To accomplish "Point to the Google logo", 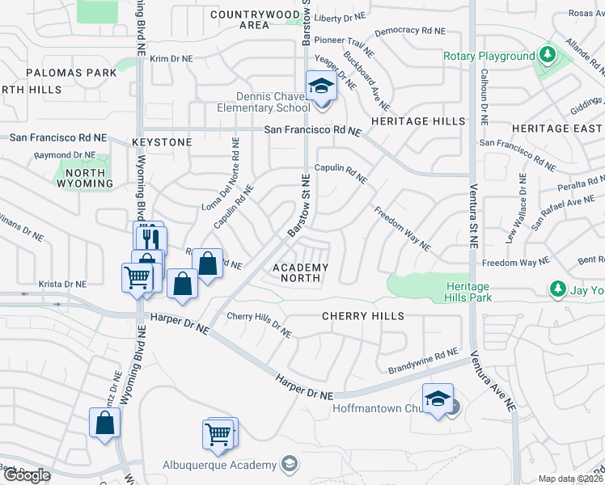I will pyautogui.click(x=27, y=475).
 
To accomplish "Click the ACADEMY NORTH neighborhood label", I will pyautogui.click(x=300, y=272).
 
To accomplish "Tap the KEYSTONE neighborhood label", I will pyautogui.click(x=163, y=142).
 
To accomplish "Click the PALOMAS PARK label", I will pyautogui.click(x=72, y=73).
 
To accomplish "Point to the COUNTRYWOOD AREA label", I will pyautogui.click(x=250, y=19).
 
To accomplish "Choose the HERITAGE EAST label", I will pyautogui.click(x=556, y=129).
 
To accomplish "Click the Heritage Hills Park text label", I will pyautogui.click(x=467, y=292).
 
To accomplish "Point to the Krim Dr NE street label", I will pyautogui.click(x=171, y=59).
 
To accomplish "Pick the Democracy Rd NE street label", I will pyautogui.click(x=411, y=31).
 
